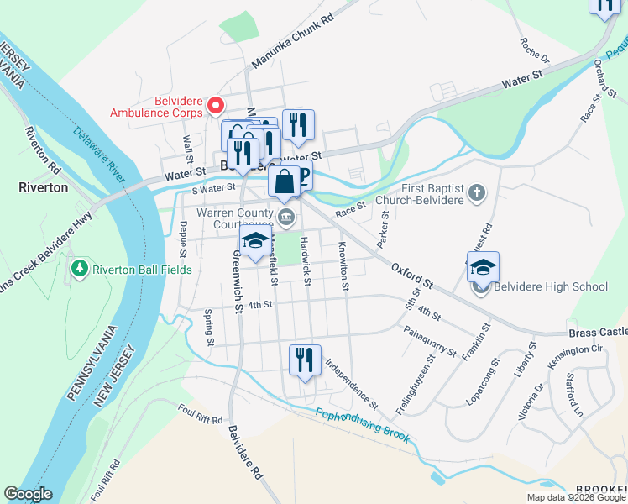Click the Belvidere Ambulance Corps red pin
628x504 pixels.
pyautogui.click(x=216, y=106)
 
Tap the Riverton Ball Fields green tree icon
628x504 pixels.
pyautogui.click(x=81, y=270)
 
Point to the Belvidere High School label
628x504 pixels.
pyautogui.click(x=551, y=287)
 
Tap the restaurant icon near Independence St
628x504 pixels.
pyautogui.click(x=303, y=360)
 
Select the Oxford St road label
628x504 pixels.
pyautogui.click(x=411, y=274)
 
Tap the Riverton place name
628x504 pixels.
pyautogui.click(x=43, y=187)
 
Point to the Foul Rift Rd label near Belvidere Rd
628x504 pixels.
pyautogui.click(x=200, y=414)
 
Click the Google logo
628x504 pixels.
pyautogui.click(x=28, y=494)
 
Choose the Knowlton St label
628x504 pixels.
pyautogui.click(x=343, y=266)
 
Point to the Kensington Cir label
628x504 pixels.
pyautogui.click(x=574, y=349)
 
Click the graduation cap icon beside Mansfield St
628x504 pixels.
pyautogui.click(x=254, y=241)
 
